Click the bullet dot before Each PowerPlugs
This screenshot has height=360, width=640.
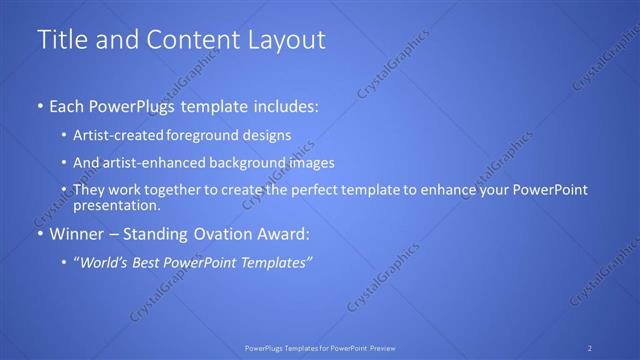[x=39, y=106]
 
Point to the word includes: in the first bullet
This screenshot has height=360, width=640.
[x=285, y=106]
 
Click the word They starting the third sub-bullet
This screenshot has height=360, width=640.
[x=89, y=190]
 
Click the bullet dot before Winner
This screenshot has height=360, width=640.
[x=39, y=234]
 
